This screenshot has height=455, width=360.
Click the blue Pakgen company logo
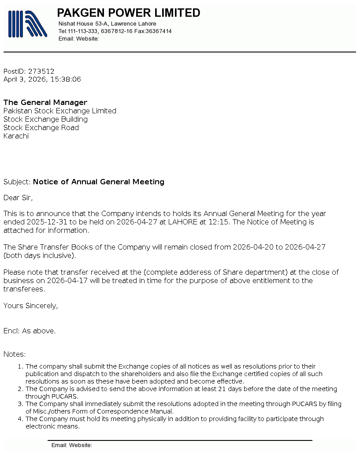27,24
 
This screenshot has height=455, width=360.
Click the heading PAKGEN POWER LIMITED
129,13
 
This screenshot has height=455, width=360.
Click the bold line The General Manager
45,102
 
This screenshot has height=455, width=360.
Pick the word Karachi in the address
16,136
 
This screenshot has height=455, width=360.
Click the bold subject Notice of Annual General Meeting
99,182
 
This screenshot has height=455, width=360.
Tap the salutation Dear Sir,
18,198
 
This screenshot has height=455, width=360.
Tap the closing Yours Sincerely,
30,306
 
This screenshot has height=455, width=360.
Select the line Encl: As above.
30,331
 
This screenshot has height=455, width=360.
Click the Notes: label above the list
15,354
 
